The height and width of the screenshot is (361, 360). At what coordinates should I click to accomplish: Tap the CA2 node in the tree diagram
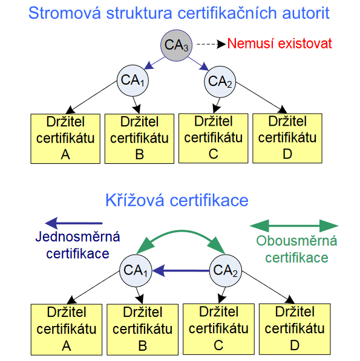pos(220,80)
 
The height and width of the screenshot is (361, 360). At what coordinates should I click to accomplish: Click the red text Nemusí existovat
pos(280,44)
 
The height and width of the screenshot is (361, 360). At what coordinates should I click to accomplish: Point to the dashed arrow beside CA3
pos(211,44)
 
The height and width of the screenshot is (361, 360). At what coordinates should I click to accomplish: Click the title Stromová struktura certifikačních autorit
pos(179,13)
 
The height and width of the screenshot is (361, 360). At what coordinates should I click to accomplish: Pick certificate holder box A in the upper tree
pos(65,138)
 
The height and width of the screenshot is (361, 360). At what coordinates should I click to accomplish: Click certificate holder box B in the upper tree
pos(139,138)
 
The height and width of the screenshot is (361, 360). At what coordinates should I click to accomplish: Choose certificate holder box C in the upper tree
pos(213,138)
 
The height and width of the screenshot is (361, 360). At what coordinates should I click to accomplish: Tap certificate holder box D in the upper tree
pos(287,138)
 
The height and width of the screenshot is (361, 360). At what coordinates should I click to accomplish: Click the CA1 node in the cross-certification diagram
pos(136,270)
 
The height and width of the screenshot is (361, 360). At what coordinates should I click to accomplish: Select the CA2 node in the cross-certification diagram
pos(224,270)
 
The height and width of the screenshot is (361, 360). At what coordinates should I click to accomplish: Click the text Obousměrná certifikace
pos(292,249)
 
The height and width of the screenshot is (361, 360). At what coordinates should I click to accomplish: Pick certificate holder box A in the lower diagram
pos(67,329)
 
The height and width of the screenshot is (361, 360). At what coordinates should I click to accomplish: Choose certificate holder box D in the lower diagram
pos(295,329)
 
